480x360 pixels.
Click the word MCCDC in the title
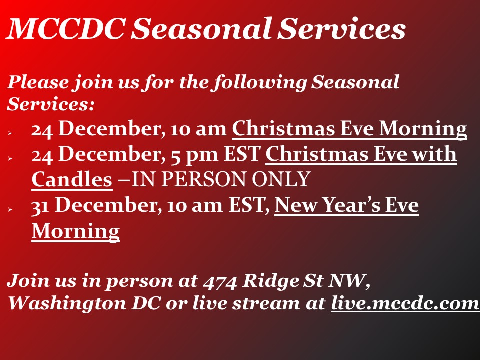(66, 28)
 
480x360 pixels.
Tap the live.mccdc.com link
(405, 303)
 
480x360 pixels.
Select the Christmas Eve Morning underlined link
(349, 129)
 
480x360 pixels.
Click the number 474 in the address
(220, 281)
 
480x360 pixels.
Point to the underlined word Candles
(72, 179)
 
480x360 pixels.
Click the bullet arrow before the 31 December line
(10, 209)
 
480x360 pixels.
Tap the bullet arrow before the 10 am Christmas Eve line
(10, 133)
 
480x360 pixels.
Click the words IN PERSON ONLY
(221, 179)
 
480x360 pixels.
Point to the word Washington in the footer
(67, 304)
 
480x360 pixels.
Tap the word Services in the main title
(341, 28)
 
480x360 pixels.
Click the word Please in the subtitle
(38, 82)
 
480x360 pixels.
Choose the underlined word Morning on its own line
(75, 231)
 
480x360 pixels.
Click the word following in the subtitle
(260, 82)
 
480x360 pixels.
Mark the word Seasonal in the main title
(201, 28)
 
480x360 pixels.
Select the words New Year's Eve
(346, 205)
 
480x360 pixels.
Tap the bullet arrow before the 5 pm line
(10, 158)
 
